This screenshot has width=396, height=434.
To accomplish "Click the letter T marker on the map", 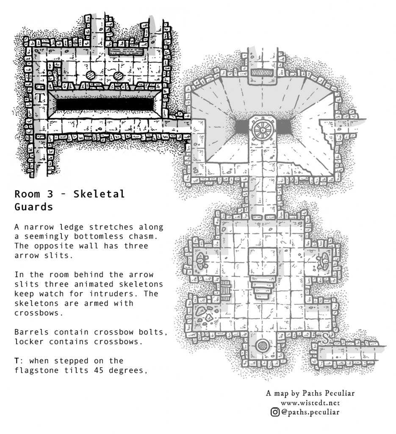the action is tap(40, 98).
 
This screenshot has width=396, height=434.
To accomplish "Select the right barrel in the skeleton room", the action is tap(118, 75).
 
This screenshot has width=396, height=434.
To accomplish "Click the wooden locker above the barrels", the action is tap(126, 51).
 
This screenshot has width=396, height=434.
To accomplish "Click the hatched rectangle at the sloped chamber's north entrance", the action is tap(262, 72).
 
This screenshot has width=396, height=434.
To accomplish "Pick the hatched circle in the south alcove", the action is tap(262, 346).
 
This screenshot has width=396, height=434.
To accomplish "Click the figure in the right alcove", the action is tap(323, 261).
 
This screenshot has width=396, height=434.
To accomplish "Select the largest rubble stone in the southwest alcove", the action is tap(200, 311).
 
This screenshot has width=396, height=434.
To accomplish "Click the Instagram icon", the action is tap(275, 412).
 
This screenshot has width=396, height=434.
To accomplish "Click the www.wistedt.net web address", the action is tap(310, 403).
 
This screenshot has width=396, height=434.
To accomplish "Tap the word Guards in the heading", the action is tap(33, 207).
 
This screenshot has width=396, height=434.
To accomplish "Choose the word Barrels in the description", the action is tap(31, 332).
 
